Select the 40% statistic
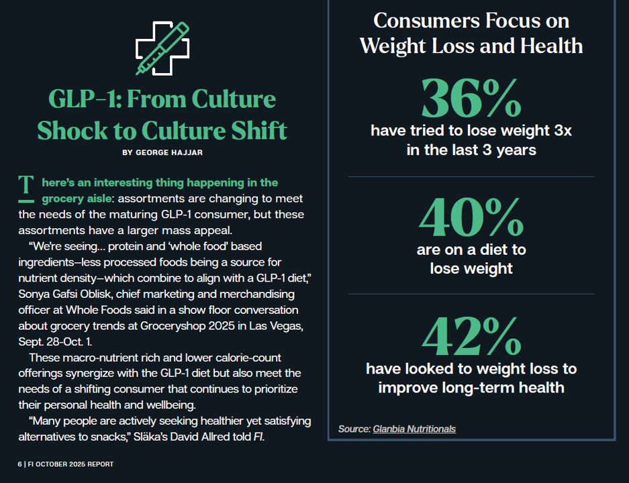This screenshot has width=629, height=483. [471, 217]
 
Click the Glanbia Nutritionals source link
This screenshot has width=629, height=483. [414, 429]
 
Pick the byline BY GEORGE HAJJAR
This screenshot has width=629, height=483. [162, 152]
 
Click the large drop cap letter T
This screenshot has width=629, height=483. [26, 189]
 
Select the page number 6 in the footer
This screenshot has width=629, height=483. [19, 464]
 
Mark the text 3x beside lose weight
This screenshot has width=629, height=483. [559, 131]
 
